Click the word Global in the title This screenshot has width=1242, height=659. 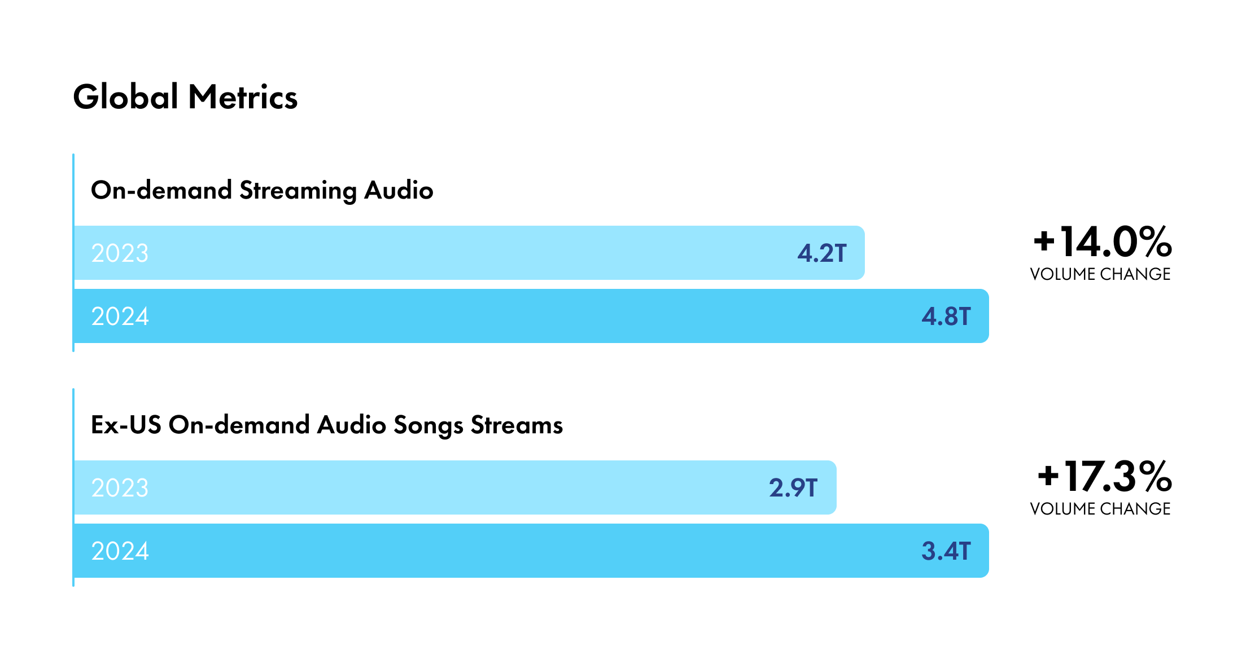coord(126,97)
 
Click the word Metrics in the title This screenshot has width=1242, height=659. coord(243,97)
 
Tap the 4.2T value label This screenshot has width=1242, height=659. coord(821,253)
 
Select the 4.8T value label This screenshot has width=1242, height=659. coord(946,317)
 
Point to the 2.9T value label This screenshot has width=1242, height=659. coord(793,488)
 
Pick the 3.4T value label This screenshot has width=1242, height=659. coord(946,551)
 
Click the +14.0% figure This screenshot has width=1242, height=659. coord(1102,242)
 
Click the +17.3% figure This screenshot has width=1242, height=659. coord(1104,477)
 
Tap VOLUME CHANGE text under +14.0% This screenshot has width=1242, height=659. coord(1100,274)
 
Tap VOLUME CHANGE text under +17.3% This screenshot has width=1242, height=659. coord(1100,509)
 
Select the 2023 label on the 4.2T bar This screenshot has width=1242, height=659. coord(120,253)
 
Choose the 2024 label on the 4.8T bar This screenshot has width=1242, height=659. coord(120,317)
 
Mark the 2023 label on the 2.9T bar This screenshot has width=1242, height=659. coord(120,488)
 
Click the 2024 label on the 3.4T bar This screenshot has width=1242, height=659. coord(120,551)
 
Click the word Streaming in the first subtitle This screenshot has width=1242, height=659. coord(298,191)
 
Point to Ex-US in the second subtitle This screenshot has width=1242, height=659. coord(125,425)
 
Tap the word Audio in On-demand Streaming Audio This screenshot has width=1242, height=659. coord(399,190)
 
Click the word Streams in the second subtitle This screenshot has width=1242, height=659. coord(517,425)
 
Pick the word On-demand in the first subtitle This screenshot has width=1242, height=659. coord(161,190)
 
